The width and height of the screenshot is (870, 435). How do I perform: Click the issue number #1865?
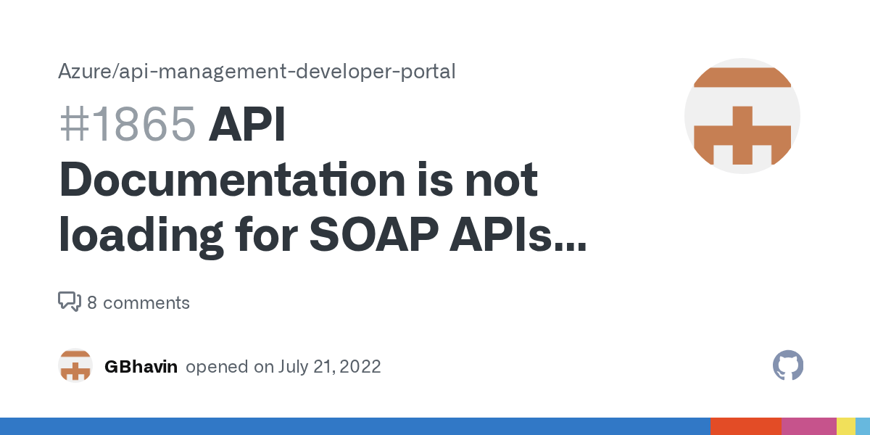tap(128, 125)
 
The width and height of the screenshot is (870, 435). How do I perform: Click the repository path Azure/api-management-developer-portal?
tap(257, 72)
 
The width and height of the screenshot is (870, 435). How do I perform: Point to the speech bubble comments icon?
tap(70, 302)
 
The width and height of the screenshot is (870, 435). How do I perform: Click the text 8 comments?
tap(138, 303)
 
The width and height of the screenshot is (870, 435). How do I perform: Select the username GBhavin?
tap(141, 367)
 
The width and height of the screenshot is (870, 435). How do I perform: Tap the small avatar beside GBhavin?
tap(75, 366)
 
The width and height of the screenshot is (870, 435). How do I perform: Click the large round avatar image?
tap(742, 116)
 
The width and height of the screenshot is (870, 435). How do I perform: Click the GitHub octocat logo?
tap(788, 366)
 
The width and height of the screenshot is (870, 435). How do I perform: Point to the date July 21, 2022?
tap(329, 367)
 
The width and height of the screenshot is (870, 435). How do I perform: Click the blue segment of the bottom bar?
tap(355, 426)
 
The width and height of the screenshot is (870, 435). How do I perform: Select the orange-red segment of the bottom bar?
tap(745, 426)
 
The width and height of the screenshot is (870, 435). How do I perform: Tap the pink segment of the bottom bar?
tap(808, 426)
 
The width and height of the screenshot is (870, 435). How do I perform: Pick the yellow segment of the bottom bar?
tap(845, 426)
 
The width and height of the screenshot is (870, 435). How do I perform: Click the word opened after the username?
tap(217, 367)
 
